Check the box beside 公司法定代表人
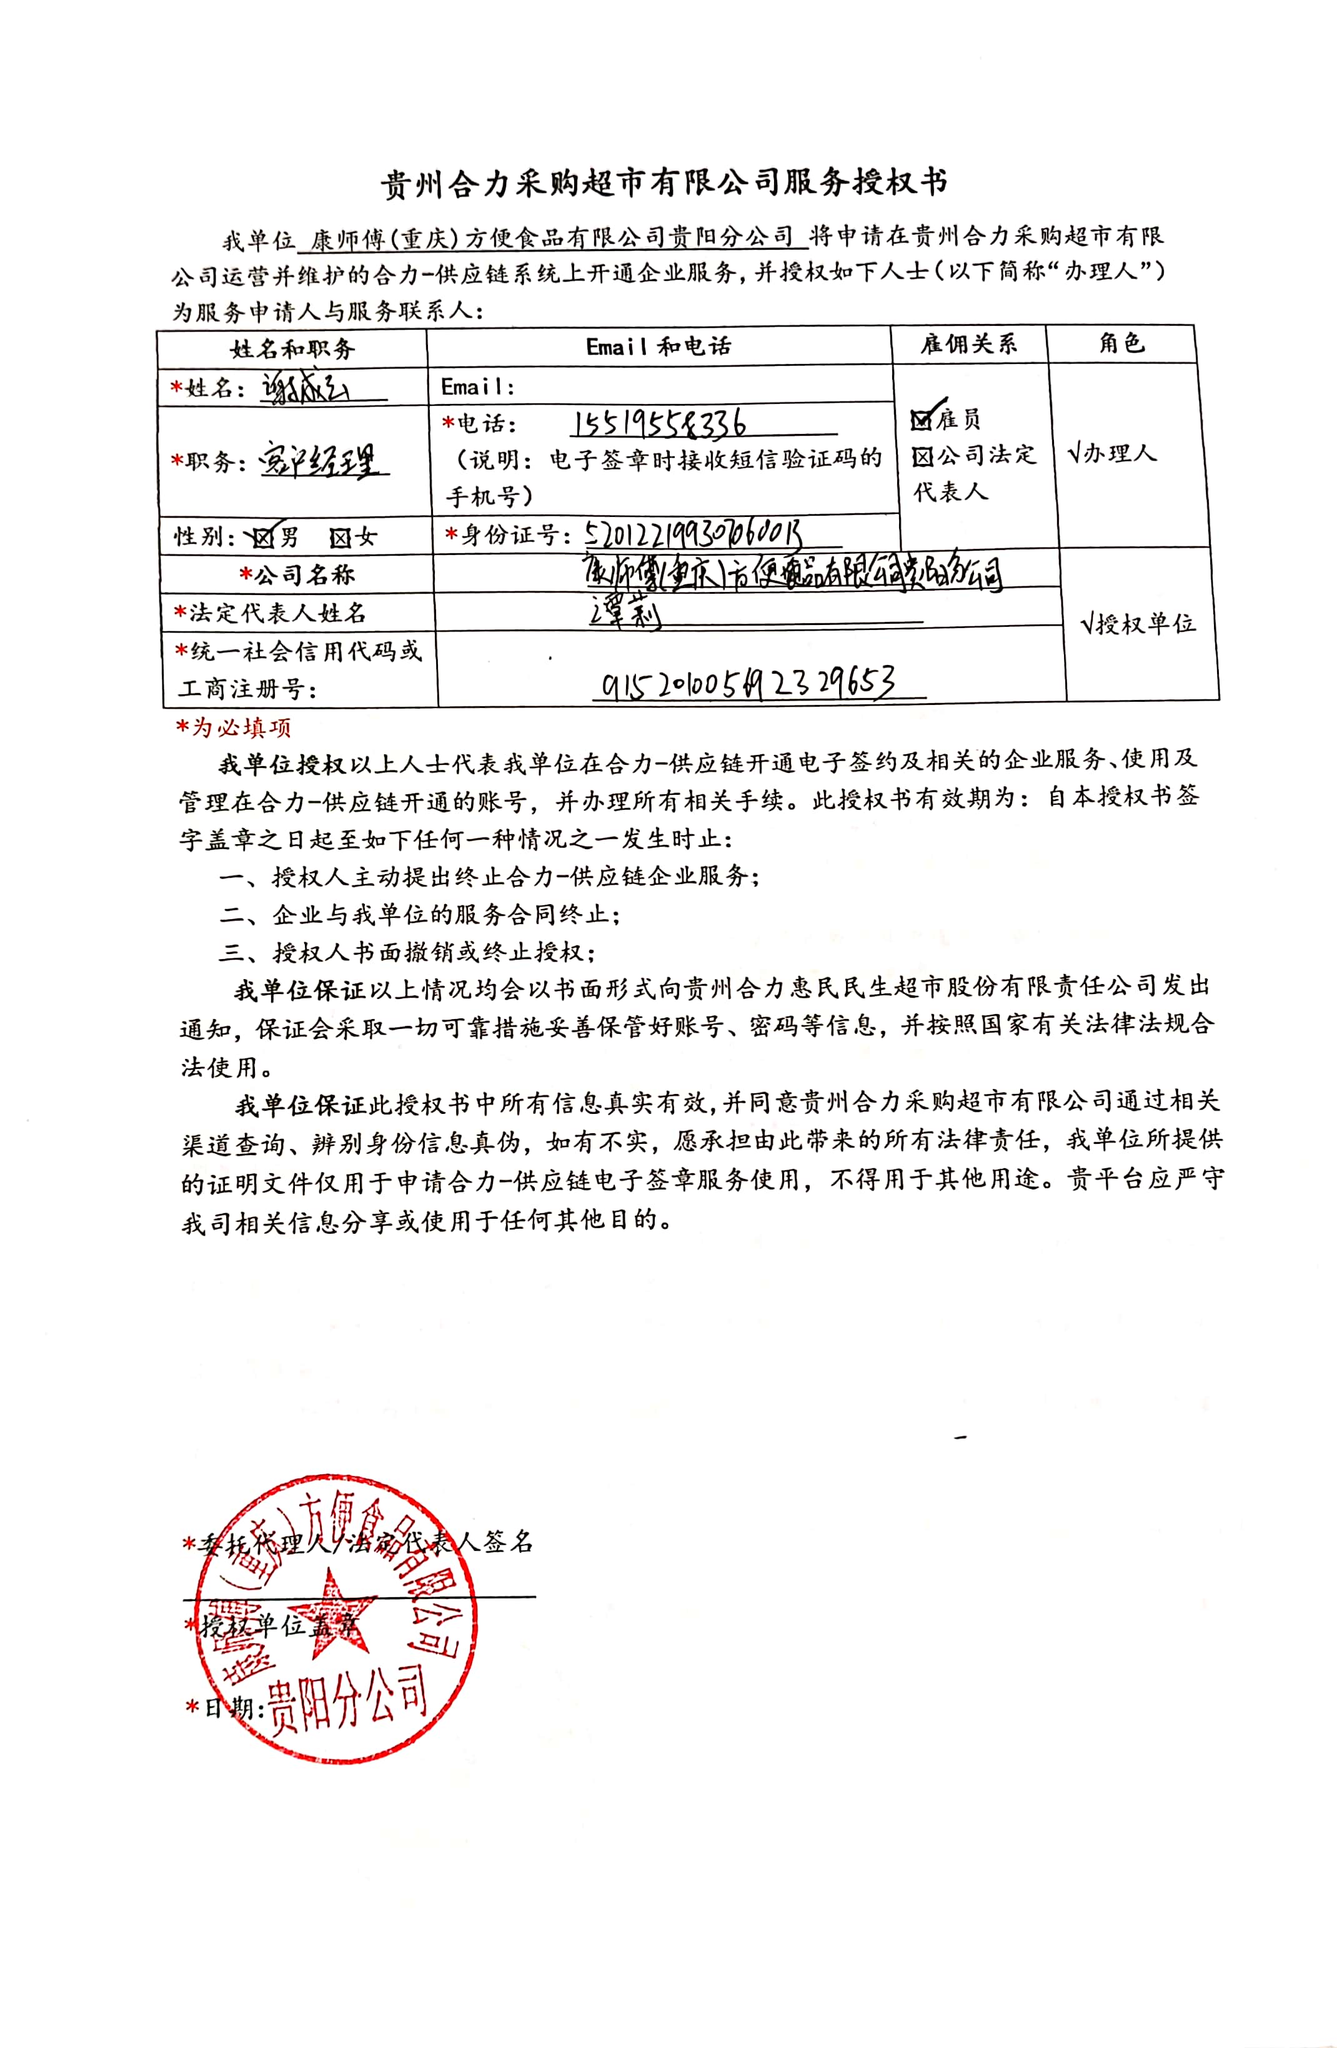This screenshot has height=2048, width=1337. [x=922, y=456]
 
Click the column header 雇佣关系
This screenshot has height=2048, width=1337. [x=968, y=344]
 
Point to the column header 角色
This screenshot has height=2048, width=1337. [x=1121, y=343]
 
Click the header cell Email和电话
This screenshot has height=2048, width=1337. [x=659, y=346]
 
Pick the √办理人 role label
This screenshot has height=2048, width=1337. [x=1111, y=453]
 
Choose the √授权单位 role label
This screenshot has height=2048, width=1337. [x=1137, y=623]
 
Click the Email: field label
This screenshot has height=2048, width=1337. [x=478, y=386]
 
